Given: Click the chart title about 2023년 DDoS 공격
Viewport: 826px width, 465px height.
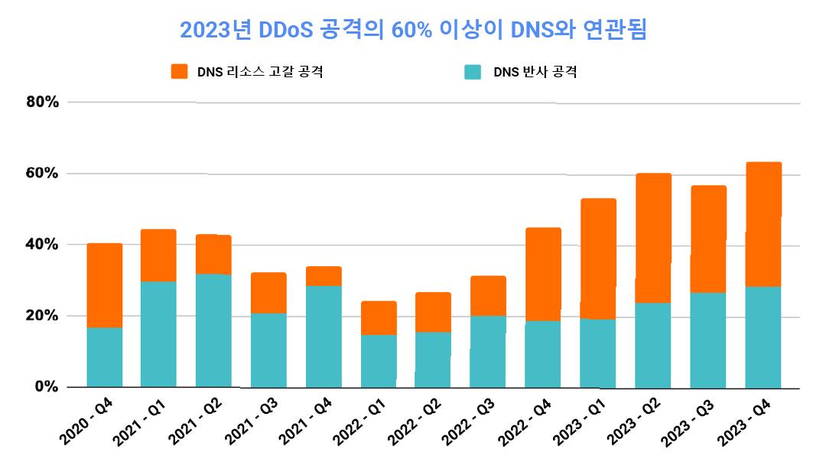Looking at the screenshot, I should pos(413,31).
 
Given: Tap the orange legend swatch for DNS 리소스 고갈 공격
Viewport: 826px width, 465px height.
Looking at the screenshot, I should pos(179,72).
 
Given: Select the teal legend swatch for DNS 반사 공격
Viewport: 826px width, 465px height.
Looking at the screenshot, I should pos(473,72).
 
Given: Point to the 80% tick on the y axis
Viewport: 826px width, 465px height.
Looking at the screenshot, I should pos(41,102).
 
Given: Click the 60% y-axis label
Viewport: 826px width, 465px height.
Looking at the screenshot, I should pos(41,174).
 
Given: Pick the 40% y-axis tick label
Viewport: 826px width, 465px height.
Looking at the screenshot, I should pos(41,245).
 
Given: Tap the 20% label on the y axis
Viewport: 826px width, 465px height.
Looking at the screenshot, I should pos(41,316).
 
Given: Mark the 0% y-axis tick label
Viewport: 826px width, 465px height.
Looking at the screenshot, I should pos(46,387).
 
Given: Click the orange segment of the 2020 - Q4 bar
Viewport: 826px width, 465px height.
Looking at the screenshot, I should pos(105,285).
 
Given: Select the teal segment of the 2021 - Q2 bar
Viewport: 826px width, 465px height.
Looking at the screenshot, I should pos(213,330).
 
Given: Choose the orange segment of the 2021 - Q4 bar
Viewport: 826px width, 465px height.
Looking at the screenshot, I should pos(324,276).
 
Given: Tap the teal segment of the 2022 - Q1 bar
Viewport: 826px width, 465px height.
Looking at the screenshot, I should pos(379,361).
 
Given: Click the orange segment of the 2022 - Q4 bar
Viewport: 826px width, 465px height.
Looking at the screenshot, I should pos(543,274).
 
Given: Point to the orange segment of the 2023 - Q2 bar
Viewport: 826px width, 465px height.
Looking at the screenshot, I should pos(653,238).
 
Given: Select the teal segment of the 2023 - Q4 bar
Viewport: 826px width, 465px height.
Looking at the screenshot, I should pos(763,337).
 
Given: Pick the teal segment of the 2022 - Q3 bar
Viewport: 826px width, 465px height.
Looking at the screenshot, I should pos(488,351).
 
